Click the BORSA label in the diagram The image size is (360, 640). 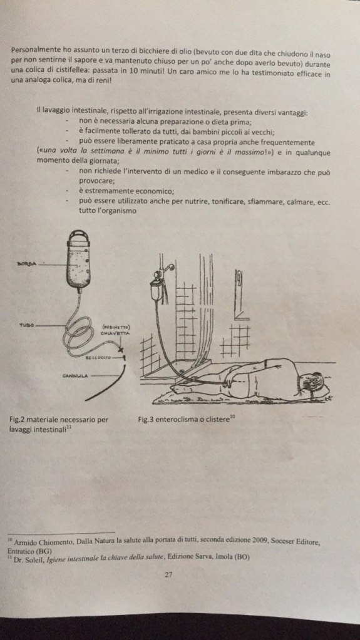[26, 263]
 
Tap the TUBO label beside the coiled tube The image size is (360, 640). [26, 326]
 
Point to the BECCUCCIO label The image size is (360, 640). [98, 358]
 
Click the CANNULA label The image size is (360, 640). [75, 375]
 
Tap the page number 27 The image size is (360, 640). [168, 575]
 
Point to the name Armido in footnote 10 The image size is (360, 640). [24, 542]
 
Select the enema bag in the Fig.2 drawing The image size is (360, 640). [78, 260]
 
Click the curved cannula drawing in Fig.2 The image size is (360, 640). [105, 384]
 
